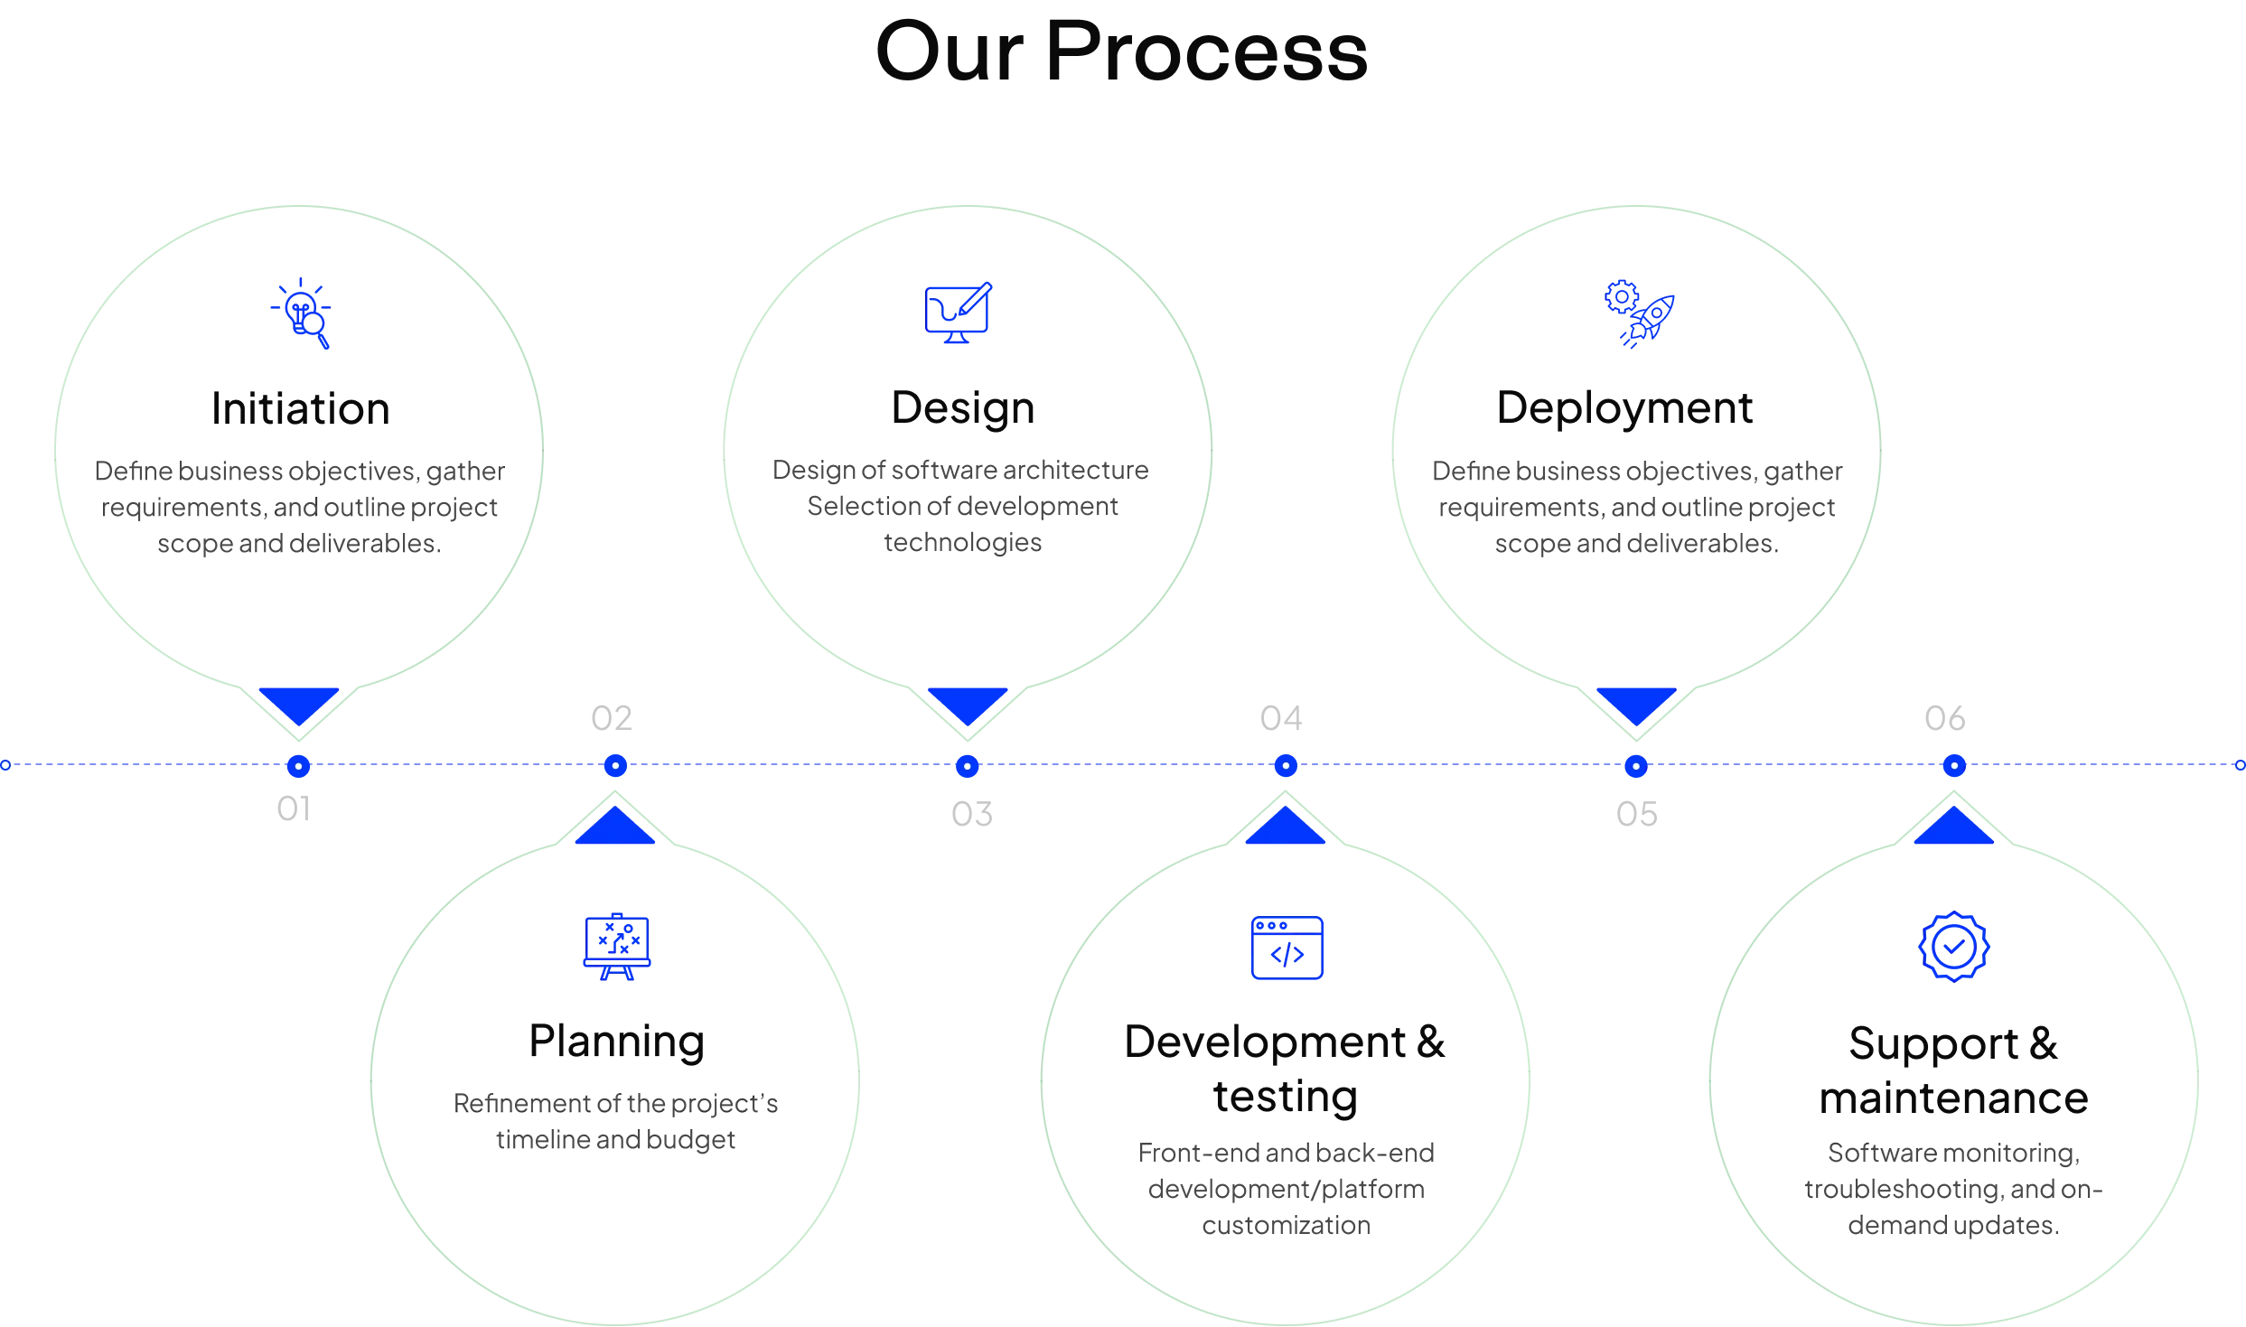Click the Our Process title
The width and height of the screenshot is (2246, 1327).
pos(1121,52)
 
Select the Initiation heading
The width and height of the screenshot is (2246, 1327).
pos(300,409)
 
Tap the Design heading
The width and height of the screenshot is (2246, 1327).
pos(961,409)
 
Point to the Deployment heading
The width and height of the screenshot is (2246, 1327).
pos(1624,409)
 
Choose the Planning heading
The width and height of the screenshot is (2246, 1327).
pos(617,1041)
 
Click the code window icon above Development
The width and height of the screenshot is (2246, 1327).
pos(1287,947)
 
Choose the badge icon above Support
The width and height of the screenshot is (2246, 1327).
pos(1953,947)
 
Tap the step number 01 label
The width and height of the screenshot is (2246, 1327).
pos(293,810)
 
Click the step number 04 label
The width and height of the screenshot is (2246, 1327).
pos(1282,718)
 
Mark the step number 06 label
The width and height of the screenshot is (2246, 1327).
pos(1944,719)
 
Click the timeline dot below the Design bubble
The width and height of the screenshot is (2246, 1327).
pos(967,766)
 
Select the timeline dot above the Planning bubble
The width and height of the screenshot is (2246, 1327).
pos(615,766)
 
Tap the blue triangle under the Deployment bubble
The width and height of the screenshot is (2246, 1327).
pos(1636,703)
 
